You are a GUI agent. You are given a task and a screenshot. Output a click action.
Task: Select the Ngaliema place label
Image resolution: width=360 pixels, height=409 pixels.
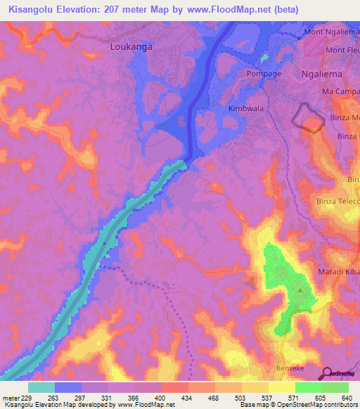point(320,73)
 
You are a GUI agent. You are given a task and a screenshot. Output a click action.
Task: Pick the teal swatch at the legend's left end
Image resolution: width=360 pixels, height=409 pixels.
point(41,387)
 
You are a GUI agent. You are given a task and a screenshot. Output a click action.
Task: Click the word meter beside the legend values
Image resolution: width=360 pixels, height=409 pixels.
point(11,398)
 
